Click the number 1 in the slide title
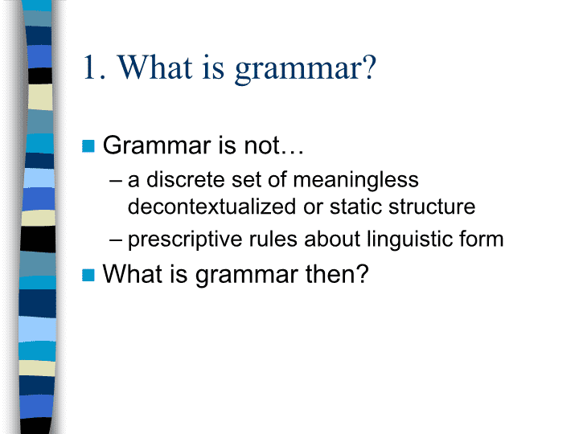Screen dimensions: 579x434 90,68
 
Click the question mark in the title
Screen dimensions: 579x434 369,67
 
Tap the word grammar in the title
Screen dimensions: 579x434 298,71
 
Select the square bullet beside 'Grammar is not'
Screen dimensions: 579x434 88,145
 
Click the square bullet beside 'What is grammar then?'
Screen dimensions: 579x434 88,275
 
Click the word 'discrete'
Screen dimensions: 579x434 186,180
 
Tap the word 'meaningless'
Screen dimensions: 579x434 355,181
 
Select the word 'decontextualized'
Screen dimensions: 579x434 211,207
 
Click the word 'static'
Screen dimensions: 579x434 355,207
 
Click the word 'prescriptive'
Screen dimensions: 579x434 184,240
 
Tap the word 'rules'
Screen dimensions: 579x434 273,239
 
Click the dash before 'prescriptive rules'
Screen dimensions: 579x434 116,240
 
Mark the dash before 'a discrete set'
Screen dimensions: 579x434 116,181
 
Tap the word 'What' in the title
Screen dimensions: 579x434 155,67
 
